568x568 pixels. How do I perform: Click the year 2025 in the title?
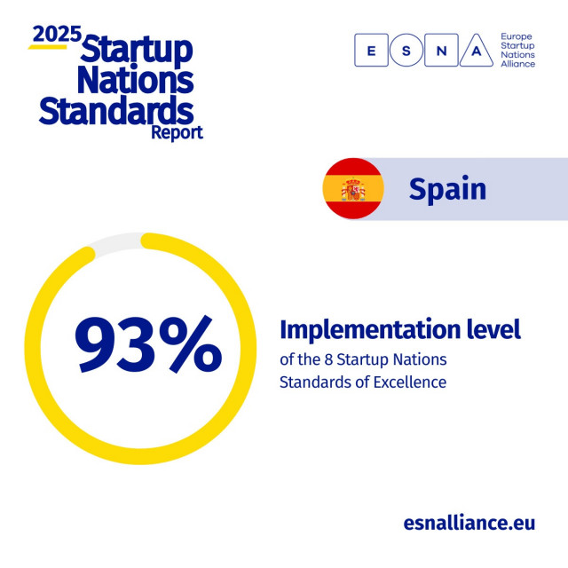coord(57,34)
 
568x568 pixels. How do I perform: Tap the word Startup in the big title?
coord(136,50)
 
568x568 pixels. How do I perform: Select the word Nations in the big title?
coord(134,81)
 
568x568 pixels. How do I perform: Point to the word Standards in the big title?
coord(116,112)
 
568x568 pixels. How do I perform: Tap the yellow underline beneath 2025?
coord(48,46)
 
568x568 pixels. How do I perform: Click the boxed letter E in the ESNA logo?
coord(371,51)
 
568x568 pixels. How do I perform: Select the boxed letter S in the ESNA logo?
coord(406,51)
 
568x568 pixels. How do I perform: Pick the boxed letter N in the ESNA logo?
coord(441,51)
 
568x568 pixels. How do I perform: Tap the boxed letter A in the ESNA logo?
coord(476,51)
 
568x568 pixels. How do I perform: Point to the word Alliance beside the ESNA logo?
coord(518,64)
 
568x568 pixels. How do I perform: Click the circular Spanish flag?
coord(353,188)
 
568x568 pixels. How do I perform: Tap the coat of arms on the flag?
coord(353,189)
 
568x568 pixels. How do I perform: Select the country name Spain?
coord(447,189)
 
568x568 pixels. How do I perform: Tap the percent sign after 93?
coord(189,346)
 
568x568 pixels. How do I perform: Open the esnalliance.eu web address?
coord(469,522)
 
